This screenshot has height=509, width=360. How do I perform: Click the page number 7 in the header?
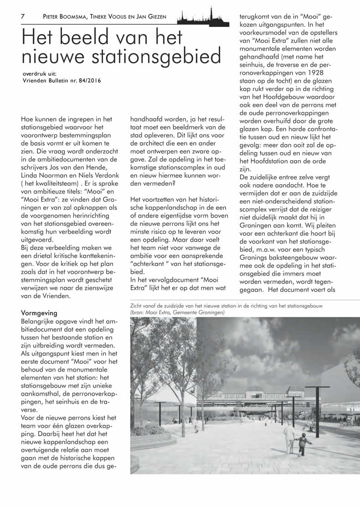[22, 16]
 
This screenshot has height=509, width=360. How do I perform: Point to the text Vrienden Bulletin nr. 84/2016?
[62, 81]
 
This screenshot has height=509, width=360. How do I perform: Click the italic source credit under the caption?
[177, 313]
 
